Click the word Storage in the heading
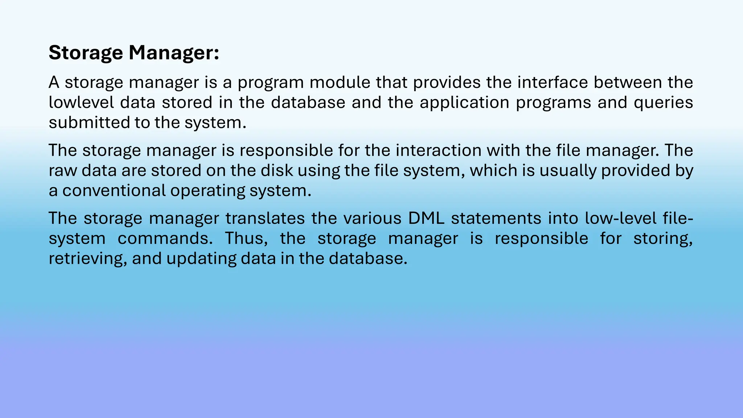tap(86, 53)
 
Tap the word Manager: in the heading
tap(174, 53)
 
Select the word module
tap(340, 82)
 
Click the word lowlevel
tap(81, 102)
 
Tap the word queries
tap(663, 103)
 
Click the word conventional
tap(114, 191)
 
